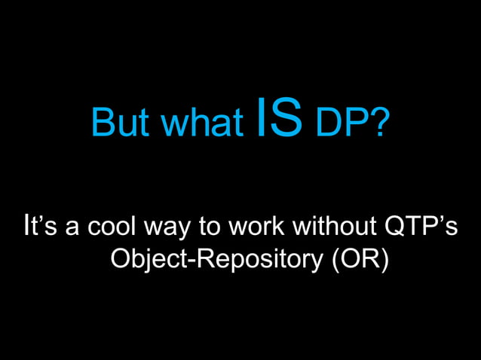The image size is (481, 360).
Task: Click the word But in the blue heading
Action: point(117,124)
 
